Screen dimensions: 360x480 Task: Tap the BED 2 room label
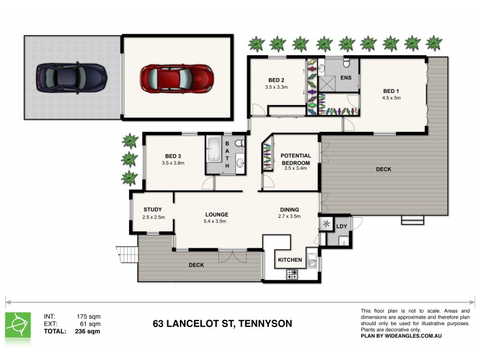[276, 80]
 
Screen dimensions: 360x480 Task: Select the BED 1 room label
[391, 91]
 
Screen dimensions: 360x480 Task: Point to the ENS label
[346, 78]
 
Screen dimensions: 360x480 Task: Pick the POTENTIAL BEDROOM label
[295, 159]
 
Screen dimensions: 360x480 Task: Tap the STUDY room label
[153, 209]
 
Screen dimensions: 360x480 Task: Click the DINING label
[289, 209]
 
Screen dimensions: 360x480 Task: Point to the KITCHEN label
[290, 260]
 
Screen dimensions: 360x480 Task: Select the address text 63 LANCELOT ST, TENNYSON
[223, 324]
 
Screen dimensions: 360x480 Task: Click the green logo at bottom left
[17, 325]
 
